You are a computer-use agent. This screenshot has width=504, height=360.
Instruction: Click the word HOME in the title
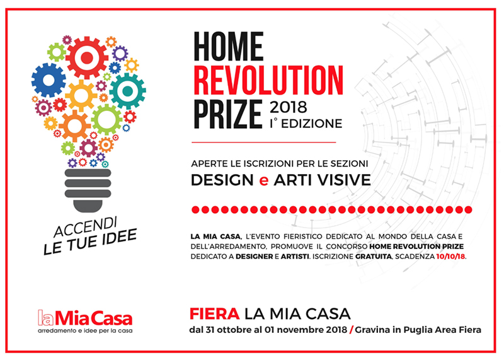click(x=229, y=46)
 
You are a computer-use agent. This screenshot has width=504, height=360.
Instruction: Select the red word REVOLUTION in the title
click(x=268, y=81)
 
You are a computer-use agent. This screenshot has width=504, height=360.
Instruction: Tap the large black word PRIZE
click(x=228, y=114)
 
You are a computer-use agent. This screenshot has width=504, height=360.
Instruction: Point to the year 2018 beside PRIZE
click(x=289, y=107)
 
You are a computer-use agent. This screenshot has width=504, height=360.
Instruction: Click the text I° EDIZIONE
click(x=306, y=124)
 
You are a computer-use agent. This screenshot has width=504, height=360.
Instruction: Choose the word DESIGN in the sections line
click(x=222, y=180)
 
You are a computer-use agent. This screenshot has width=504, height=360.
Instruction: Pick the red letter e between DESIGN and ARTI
click(x=263, y=181)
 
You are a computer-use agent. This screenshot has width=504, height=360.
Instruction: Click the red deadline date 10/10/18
click(x=450, y=257)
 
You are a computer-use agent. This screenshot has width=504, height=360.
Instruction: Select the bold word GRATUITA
click(x=374, y=257)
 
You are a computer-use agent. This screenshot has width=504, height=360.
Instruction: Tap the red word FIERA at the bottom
click(x=214, y=314)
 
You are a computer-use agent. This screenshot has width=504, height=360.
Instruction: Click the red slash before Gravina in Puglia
click(x=351, y=330)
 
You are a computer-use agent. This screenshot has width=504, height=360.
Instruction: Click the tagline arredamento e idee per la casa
click(x=85, y=331)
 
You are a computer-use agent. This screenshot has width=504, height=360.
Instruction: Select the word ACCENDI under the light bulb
click(x=86, y=226)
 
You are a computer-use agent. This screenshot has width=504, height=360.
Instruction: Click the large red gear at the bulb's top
click(x=87, y=58)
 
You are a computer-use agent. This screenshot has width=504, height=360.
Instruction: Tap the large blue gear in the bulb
click(x=49, y=80)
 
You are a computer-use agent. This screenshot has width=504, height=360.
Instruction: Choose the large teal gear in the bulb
click(x=128, y=91)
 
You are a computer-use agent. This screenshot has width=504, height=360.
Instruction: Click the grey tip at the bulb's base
click(x=88, y=206)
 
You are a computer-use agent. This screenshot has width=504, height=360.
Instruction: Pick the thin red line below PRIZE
click(x=263, y=142)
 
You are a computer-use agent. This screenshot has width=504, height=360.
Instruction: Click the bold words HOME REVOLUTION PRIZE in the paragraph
click(x=416, y=247)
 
